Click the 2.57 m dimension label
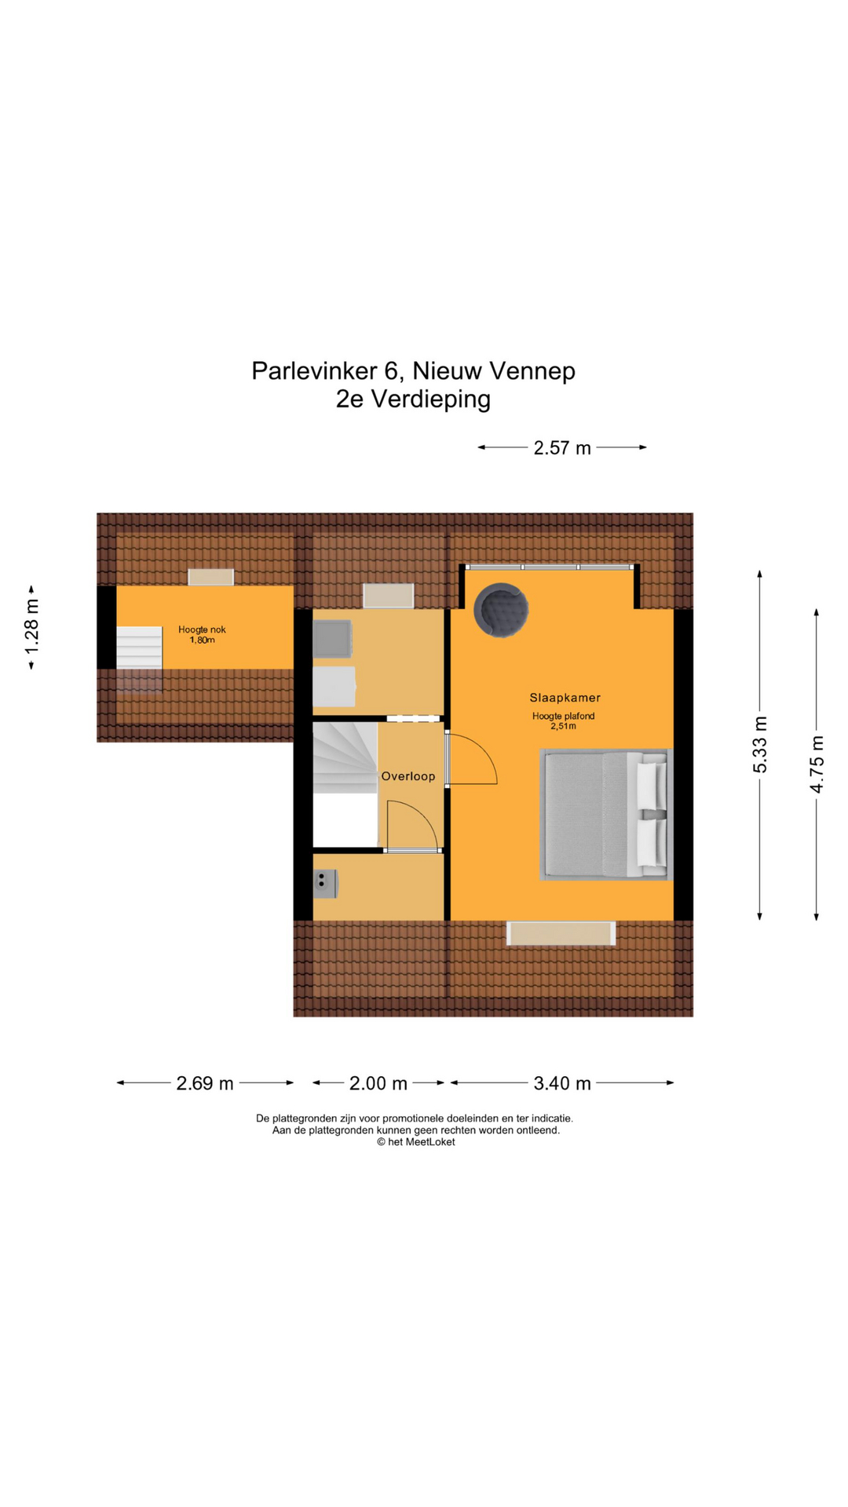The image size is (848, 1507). point(561,448)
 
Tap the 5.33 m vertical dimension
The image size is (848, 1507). point(760,744)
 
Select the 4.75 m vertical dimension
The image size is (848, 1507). point(817,764)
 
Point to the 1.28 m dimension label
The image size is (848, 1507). point(31,627)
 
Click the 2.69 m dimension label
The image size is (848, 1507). point(205,1083)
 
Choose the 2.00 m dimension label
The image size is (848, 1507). point(378,1083)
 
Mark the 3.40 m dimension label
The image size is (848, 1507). point(562,1083)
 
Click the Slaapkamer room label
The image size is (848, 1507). point(565,697)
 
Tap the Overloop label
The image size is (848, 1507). point(408,776)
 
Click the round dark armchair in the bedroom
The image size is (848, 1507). point(501,609)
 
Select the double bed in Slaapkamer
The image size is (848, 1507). point(605,814)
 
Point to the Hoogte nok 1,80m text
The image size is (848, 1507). point(202,634)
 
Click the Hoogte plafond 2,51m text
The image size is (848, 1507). point(563,721)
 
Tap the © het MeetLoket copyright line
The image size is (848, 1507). point(415,1142)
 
